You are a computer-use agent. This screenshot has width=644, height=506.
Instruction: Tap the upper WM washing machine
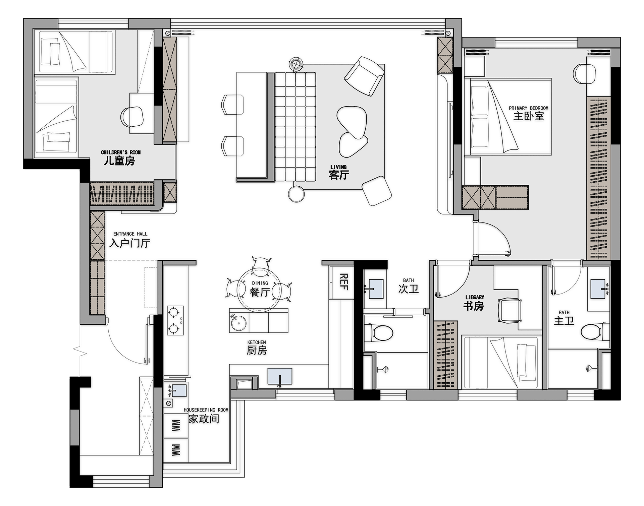pos(176,426)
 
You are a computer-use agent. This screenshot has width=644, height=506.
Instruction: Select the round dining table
pos(259,290)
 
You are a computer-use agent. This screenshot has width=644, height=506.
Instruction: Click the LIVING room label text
pos(338,167)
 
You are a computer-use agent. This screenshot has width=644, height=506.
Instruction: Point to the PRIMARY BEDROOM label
pos(529,108)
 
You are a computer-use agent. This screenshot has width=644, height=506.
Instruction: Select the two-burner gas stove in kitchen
pos(175,320)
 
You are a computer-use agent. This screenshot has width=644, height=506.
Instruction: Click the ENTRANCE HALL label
pos(130,234)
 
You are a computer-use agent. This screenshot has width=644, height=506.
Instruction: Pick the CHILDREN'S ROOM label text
pos(121,152)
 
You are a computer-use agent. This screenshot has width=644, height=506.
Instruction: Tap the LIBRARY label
pos(475,297)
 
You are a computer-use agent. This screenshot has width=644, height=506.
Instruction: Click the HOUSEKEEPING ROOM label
pos(206,410)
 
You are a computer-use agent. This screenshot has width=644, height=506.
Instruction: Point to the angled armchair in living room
pos(364,76)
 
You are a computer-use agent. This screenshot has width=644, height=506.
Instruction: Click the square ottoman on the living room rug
pos(377,191)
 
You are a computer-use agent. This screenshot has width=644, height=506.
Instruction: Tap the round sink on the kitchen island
pos(238,322)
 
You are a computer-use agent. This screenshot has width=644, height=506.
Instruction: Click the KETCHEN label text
pos(257,342)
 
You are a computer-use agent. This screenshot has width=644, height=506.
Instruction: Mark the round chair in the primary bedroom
pos(584,73)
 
